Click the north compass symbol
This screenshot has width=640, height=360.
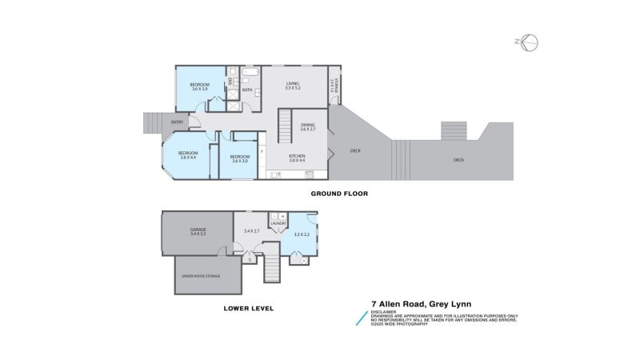coord(529,42)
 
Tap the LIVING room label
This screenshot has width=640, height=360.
coord(293,85)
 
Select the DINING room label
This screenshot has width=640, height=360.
coord(308,126)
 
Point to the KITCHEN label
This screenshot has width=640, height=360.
coord(297,158)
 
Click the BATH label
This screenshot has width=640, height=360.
coord(247,90)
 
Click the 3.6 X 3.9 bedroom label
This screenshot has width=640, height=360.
coord(198,86)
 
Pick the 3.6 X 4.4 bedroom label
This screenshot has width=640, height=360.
coord(188,155)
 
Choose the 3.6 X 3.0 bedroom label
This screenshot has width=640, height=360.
coord(240,158)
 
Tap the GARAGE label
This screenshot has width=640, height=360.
coord(198,231)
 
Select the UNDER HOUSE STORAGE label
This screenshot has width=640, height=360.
coord(200,276)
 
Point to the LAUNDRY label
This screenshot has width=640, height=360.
coord(278,223)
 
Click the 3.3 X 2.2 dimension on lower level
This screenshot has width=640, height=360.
coord(302,234)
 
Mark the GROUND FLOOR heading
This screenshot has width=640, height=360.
coord(338,194)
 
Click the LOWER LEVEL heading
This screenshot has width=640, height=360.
coord(248,308)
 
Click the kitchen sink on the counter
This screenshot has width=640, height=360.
coord(308,174)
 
